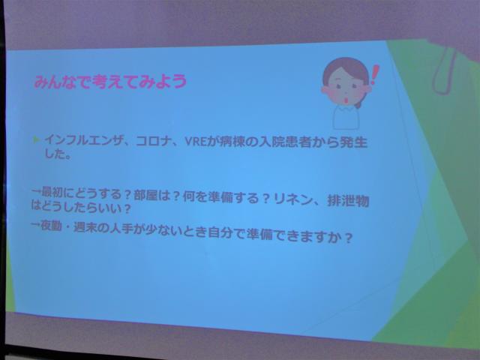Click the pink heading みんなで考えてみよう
[110, 82]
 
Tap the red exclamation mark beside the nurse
[374, 75]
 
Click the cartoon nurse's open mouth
[346, 100]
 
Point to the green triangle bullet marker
[37, 140]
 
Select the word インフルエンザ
[82, 140]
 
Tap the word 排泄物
[348, 201]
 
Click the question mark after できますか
[347, 238]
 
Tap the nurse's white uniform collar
[346, 109]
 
